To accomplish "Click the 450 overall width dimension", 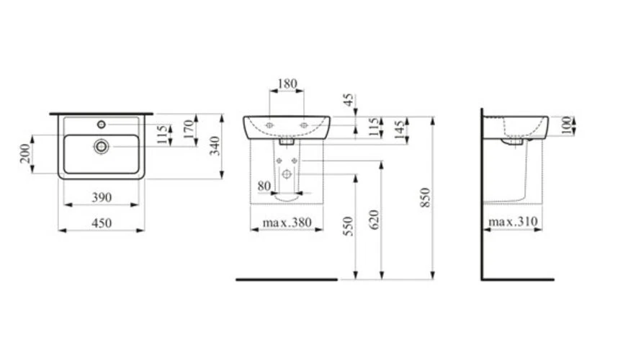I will tap(102, 223).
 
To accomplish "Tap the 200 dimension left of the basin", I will tap(24, 153).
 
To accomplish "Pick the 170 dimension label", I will tap(189, 130).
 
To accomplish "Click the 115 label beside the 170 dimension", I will tap(163, 134).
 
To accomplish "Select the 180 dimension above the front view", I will tap(287, 84).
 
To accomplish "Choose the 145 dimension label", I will tap(398, 131).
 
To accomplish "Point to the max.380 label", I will tap(287, 223).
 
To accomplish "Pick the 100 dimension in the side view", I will tap(566, 125).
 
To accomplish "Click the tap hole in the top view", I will tap(102, 125).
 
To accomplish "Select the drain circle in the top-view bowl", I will tap(102, 146).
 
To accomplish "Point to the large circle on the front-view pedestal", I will tap(287, 174).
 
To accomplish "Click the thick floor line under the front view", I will tap(287, 279).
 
